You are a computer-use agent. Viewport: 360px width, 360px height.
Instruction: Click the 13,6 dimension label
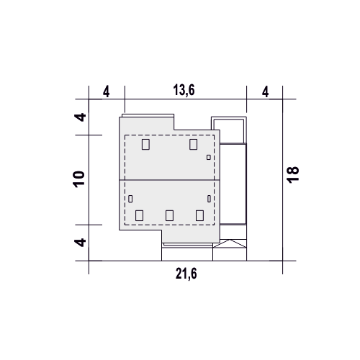click(184, 90)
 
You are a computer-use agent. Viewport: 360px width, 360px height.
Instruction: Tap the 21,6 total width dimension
click(186, 274)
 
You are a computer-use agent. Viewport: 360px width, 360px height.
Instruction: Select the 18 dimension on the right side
click(293, 175)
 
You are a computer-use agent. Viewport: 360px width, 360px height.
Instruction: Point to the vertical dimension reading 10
click(79, 179)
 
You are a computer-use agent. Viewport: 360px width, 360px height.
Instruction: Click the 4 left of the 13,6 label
click(107, 92)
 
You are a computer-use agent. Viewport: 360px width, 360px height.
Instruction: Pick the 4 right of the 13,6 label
click(265, 92)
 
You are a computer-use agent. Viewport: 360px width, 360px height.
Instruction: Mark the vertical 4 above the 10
click(80, 117)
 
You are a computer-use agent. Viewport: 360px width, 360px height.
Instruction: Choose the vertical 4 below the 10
click(80, 242)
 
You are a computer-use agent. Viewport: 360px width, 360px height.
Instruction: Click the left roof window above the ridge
click(145, 144)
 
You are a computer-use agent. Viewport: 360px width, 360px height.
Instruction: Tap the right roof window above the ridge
click(193, 144)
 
